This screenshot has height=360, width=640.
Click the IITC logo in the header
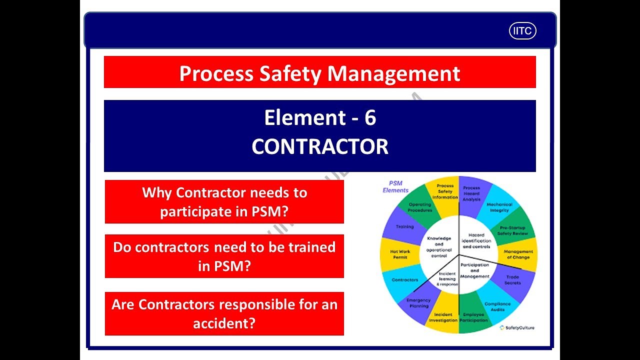[522, 31]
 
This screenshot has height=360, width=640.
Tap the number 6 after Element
[370, 118]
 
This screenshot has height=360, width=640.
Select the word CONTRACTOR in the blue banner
[320, 147]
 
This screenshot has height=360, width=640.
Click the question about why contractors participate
[224, 201]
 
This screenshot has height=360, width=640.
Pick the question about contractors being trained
[224, 256]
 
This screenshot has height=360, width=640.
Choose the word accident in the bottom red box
[224, 323]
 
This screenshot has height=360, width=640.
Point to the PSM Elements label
[395, 186]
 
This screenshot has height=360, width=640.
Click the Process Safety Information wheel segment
[444, 191]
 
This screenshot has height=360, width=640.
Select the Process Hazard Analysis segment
[471, 193]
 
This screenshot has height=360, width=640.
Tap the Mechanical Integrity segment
[499, 207]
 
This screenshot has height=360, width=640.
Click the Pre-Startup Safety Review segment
[513, 230]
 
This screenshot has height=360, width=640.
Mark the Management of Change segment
[518, 255]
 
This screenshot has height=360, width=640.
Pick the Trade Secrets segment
[512, 280]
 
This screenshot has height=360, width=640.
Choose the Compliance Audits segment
[497, 306]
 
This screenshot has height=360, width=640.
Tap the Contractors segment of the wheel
[404, 280]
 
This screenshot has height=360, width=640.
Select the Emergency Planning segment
[418, 303]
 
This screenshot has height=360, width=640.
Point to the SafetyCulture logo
[517, 328]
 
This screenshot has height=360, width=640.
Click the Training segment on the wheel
[404, 227]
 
